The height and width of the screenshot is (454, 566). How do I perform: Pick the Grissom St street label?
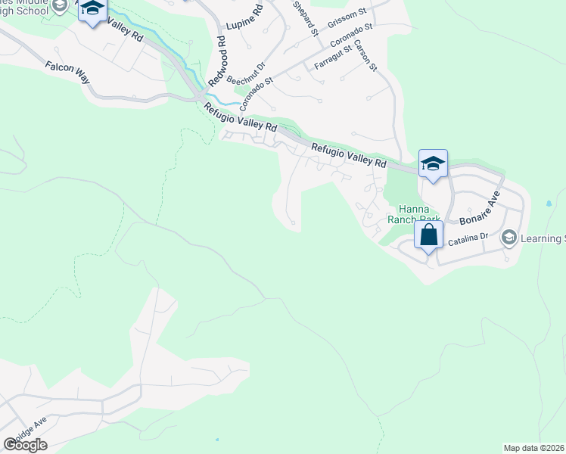pyautogui.click(x=347, y=16)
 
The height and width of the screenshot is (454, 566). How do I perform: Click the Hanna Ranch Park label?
pyautogui.click(x=409, y=213)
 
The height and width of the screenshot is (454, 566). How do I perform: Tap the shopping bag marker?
pyautogui.click(x=429, y=235)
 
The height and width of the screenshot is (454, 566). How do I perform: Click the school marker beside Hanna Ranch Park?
pyautogui.click(x=434, y=163)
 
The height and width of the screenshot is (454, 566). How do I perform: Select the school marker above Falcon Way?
pyautogui.click(x=93, y=10)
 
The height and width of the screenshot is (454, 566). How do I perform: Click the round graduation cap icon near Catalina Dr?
pyautogui.click(x=509, y=238)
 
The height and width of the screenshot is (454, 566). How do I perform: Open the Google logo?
pyautogui.click(x=25, y=444)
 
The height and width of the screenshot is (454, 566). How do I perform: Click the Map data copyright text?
pyautogui.click(x=533, y=448)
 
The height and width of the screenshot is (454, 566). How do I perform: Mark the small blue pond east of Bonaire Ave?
pyautogui.click(x=548, y=204)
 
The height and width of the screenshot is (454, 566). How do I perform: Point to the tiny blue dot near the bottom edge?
pyautogui.click(x=217, y=439)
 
